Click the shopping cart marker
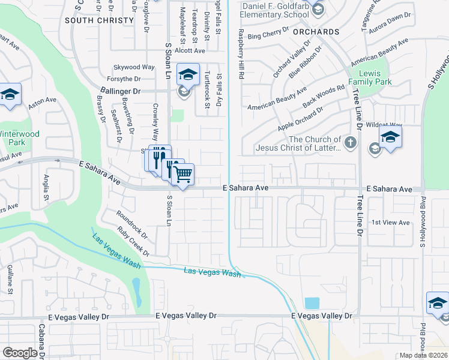(182, 175)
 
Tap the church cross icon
(352, 143)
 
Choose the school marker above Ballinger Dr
(188, 74)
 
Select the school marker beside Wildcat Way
(390, 137)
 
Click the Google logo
(20, 353)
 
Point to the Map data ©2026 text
(423, 355)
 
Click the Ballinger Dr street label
(119, 91)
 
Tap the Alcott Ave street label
(191, 51)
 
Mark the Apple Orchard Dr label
(300, 119)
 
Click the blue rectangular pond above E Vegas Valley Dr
(312, 302)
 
